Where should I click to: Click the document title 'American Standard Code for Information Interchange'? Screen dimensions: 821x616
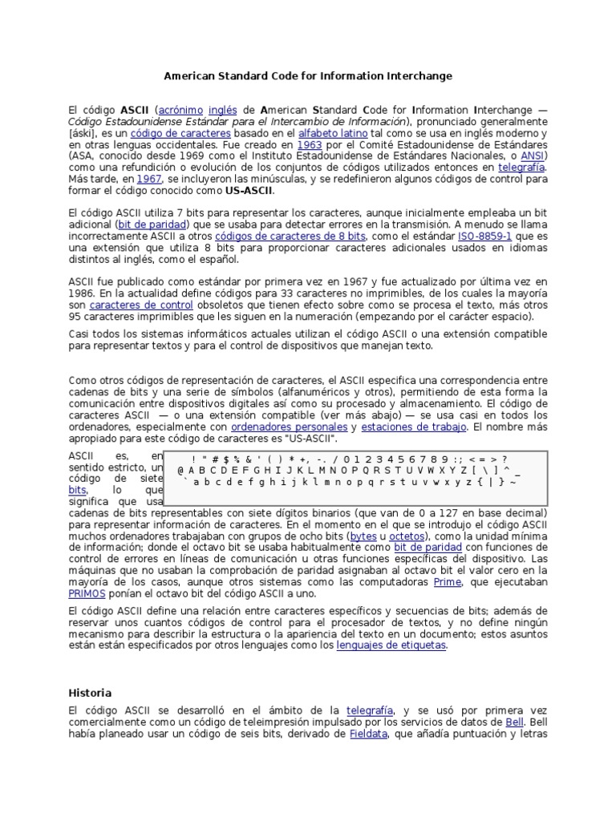[x=308, y=76]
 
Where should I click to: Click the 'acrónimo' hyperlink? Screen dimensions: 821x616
[x=181, y=109]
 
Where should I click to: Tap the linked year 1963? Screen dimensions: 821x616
[x=309, y=144]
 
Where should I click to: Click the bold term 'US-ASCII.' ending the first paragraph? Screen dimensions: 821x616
[x=249, y=191]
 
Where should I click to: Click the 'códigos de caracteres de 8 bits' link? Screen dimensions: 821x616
[x=290, y=237]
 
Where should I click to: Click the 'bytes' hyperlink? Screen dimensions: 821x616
[x=363, y=535]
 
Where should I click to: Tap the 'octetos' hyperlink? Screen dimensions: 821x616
[x=409, y=535]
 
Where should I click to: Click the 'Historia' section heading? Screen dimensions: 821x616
[x=90, y=693]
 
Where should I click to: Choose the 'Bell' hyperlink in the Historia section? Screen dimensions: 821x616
[x=515, y=722]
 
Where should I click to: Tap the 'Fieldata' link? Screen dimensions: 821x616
[x=368, y=734]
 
